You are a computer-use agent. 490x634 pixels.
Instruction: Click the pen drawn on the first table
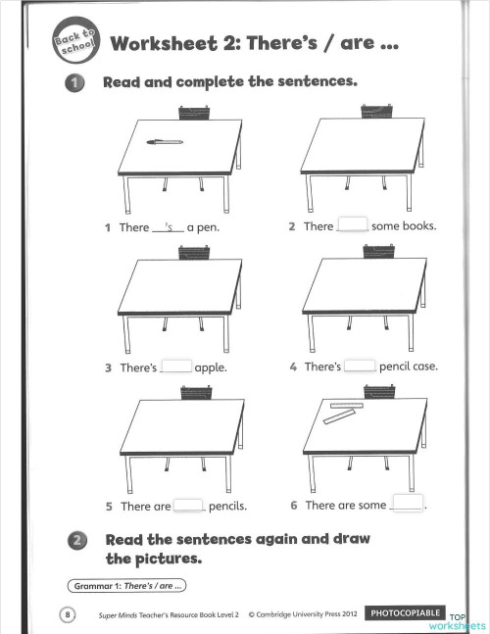(165, 142)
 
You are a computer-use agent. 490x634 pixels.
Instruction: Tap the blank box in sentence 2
(352, 225)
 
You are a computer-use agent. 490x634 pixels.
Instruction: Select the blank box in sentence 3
(176, 366)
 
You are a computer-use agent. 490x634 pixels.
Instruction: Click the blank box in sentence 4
(361, 366)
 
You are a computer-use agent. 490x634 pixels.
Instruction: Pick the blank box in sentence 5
(189, 506)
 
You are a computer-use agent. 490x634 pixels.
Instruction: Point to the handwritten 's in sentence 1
(169, 226)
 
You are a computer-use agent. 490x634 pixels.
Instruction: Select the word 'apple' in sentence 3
(211, 368)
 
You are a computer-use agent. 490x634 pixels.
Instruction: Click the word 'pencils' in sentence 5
(227, 507)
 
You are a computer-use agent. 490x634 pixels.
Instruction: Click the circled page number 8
(68, 614)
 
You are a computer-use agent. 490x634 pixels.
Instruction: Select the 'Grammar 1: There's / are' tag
(126, 586)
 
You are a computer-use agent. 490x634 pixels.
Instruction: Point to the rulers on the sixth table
(343, 413)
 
